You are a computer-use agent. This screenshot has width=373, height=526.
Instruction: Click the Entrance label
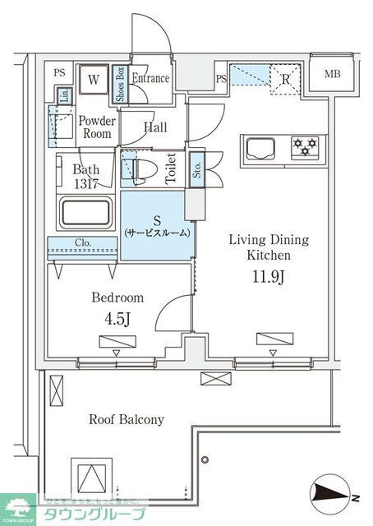[x=152, y=79]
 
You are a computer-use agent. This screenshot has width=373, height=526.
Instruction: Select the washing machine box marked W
[x=94, y=80]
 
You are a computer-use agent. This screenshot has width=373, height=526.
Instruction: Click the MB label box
[x=331, y=75]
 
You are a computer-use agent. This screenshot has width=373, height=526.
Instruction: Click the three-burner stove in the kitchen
[x=306, y=148]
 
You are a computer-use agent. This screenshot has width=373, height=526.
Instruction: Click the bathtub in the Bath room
[x=85, y=213]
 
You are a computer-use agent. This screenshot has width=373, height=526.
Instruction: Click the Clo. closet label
[x=83, y=243]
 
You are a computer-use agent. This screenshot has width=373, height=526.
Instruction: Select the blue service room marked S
[x=157, y=225]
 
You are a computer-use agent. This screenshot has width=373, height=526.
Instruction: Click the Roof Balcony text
[x=127, y=419]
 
